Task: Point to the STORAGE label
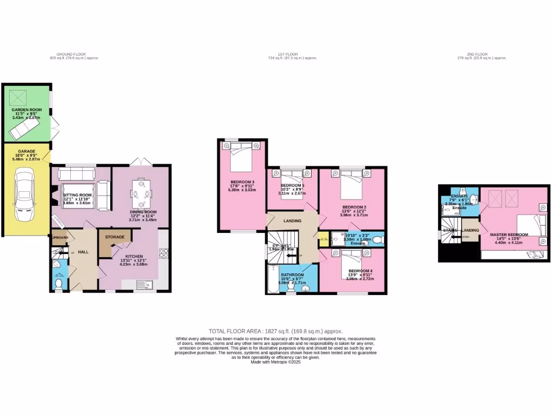[x=114, y=237]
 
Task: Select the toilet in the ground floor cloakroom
[x=59, y=283]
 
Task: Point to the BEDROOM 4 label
[x=360, y=271]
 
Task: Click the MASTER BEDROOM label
[x=508, y=235]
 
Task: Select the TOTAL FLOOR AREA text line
[x=275, y=331]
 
